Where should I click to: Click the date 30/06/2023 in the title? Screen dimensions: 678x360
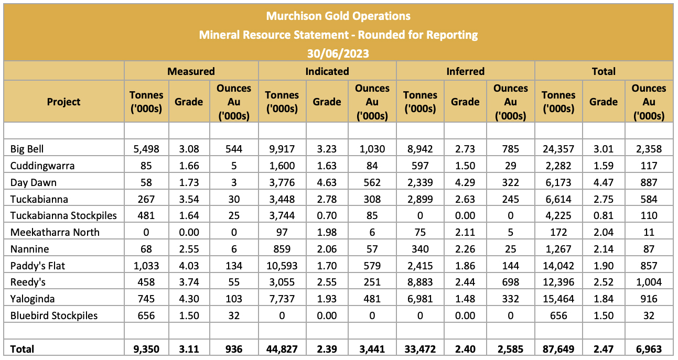click(x=338, y=53)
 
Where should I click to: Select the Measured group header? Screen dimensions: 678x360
click(x=191, y=71)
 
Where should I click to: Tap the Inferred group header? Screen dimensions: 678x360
click(x=466, y=71)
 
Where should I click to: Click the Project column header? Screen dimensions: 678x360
click(x=63, y=102)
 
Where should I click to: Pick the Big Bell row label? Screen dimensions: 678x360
click(x=27, y=149)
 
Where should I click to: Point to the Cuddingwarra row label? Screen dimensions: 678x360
click(x=42, y=166)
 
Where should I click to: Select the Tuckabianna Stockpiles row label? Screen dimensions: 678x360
click(x=63, y=215)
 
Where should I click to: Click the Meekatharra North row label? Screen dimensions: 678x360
click(x=55, y=232)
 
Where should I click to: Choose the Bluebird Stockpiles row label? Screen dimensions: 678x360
click(x=54, y=315)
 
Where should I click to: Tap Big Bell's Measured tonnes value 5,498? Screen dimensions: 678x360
click(x=146, y=149)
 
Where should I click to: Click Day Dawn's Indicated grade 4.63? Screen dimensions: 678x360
click(x=327, y=182)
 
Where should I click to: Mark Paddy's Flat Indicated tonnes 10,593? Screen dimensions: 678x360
click(x=282, y=266)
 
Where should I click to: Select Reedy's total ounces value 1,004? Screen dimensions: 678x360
click(x=649, y=282)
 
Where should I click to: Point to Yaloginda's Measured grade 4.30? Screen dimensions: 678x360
click(x=189, y=299)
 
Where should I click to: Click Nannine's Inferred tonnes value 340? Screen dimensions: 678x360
click(x=420, y=249)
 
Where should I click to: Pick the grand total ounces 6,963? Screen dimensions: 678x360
click(x=649, y=349)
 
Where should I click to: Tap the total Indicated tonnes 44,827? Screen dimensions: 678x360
click(x=282, y=349)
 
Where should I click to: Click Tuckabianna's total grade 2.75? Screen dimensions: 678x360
click(x=604, y=199)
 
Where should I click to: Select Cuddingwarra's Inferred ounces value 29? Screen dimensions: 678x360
click(x=511, y=166)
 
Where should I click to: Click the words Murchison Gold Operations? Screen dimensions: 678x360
click(x=338, y=16)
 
